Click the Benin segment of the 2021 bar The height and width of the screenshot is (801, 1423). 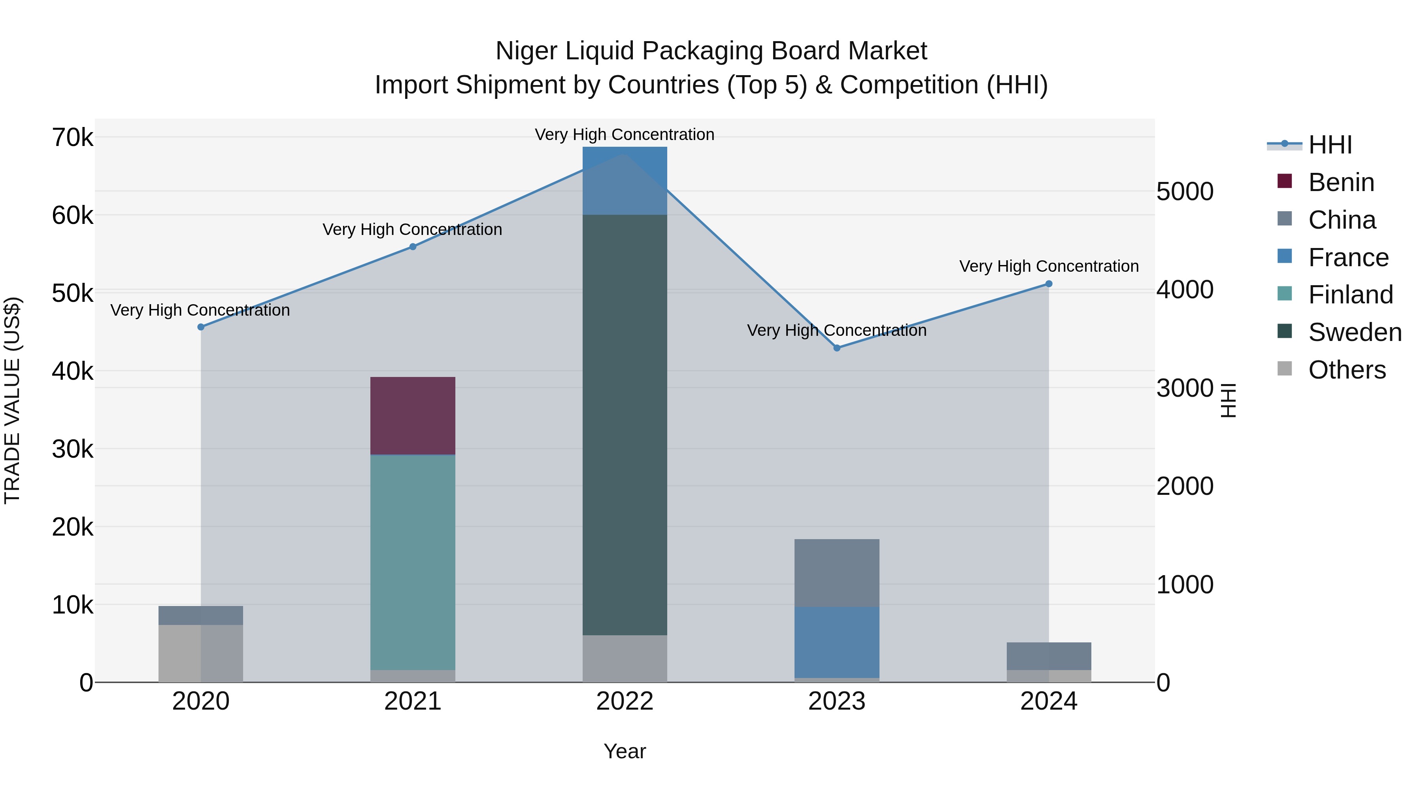point(413,416)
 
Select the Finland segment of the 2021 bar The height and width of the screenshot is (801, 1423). point(413,562)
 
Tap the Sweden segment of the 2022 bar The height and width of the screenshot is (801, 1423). point(625,424)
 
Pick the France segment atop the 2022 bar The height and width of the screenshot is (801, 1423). point(625,180)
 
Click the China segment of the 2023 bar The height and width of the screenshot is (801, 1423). point(836,573)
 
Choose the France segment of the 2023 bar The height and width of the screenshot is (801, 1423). point(836,642)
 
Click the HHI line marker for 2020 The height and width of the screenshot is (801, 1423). point(201,327)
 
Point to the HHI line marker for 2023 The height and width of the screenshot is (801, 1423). point(836,348)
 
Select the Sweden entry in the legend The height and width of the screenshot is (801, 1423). point(1355,332)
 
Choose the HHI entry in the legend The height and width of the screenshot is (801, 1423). point(1330,145)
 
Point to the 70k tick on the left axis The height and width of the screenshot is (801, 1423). point(72,138)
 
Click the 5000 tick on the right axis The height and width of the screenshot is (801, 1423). point(1184,192)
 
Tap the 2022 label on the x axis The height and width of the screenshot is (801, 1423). point(625,701)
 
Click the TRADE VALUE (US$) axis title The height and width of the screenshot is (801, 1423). point(12,400)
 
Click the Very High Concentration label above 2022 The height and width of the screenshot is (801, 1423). point(625,135)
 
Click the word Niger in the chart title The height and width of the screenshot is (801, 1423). point(527,51)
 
